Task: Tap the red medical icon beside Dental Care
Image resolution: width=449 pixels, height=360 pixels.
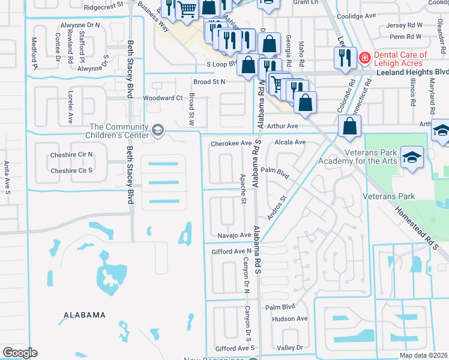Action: pos(364,58)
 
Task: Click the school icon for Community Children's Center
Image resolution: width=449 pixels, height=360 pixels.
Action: pos(157,130)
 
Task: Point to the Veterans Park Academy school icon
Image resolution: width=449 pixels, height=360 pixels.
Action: pos(412,157)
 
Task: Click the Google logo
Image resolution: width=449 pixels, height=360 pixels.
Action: pos(19,353)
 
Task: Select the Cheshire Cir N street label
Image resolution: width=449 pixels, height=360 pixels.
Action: pos(72,154)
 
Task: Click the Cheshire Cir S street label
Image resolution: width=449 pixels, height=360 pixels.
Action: pos(72,170)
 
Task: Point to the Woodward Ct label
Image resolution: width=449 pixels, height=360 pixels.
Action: pos(163,98)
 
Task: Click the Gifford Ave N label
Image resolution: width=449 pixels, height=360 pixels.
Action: pos(231,251)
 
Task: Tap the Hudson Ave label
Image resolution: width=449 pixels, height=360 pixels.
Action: pos(289,319)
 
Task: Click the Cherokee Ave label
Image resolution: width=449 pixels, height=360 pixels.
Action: pos(231,143)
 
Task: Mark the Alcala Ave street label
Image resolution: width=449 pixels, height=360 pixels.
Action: pos(290,143)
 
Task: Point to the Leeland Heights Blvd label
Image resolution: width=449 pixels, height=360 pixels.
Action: pos(412,72)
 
